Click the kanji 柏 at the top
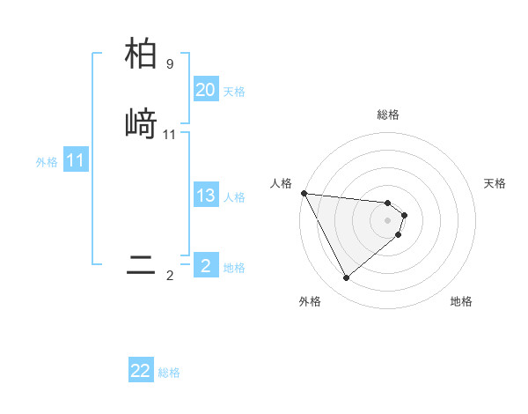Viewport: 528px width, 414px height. (x=141, y=53)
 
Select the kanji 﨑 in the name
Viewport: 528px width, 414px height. (x=141, y=123)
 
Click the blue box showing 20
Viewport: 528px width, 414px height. (x=205, y=90)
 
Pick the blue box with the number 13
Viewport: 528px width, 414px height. (x=205, y=196)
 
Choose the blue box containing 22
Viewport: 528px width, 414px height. (x=141, y=371)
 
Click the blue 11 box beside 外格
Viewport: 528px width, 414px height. (x=76, y=161)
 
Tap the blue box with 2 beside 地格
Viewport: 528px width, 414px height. (x=205, y=266)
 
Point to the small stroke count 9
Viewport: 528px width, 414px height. (x=170, y=64)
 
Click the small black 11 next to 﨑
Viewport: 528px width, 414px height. (x=170, y=135)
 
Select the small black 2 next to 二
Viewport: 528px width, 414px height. (x=170, y=276)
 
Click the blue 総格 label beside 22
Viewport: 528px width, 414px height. (x=169, y=373)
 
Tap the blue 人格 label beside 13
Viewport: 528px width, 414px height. (x=234, y=197)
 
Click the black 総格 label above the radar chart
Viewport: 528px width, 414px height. (x=388, y=115)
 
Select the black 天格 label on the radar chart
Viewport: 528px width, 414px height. (x=495, y=183)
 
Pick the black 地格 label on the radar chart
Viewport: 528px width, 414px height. (x=461, y=301)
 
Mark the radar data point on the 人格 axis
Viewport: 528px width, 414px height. (x=304, y=193)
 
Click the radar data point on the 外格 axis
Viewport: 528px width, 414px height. (x=346, y=278)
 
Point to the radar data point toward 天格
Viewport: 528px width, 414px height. (x=404, y=215)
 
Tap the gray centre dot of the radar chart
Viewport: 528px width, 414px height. (x=388, y=219)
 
